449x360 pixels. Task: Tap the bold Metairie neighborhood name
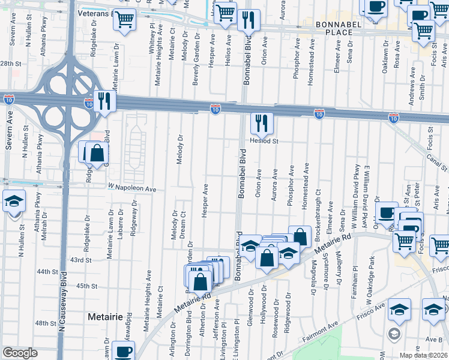tap(105, 316)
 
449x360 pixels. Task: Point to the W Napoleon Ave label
tap(132, 189)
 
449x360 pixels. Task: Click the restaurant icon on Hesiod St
tap(261, 124)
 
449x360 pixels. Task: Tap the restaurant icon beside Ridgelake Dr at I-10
tap(105, 101)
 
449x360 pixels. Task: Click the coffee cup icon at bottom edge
tap(124, 352)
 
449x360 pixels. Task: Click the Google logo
tap(20, 353)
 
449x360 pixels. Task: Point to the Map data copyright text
tap(423, 355)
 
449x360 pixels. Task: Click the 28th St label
tap(10, 63)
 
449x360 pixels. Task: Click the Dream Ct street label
tap(183, 222)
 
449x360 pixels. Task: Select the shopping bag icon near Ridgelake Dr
tap(97, 152)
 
